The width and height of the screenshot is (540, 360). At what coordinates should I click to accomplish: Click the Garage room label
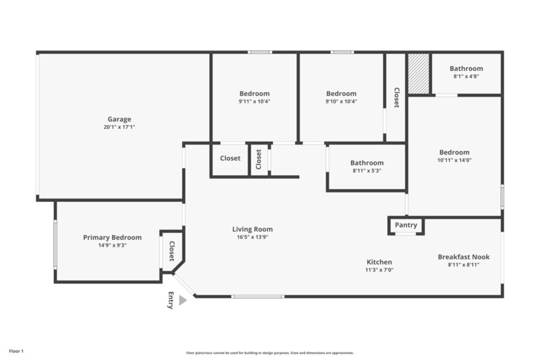pyautogui.click(x=119, y=120)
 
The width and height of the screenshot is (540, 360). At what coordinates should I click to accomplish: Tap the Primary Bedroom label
pyautogui.click(x=112, y=238)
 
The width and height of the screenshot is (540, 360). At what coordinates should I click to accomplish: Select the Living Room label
pyautogui.click(x=252, y=230)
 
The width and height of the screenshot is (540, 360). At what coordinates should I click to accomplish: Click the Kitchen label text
pyautogui.click(x=379, y=262)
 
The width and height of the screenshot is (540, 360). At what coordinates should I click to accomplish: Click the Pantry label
pyautogui.click(x=406, y=225)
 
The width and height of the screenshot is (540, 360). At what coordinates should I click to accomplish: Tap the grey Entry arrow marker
pyautogui.click(x=182, y=300)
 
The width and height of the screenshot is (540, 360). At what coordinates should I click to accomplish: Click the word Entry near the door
pyautogui.click(x=170, y=300)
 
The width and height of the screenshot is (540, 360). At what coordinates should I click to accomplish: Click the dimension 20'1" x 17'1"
pyautogui.click(x=119, y=127)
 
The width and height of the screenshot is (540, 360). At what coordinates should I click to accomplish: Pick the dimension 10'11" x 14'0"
pyautogui.click(x=454, y=160)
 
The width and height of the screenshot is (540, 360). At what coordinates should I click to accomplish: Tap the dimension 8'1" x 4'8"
pyautogui.click(x=466, y=76)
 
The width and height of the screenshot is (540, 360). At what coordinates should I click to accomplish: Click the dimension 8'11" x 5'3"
pyautogui.click(x=367, y=170)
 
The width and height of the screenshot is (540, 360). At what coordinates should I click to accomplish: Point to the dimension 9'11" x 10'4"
pyautogui.click(x=254, y=101)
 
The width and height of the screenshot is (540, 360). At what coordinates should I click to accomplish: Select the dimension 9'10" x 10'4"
pyautogui.click(x=341, y=101)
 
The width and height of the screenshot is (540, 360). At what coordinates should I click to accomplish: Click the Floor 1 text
pyautogui.click(x=16, y=351)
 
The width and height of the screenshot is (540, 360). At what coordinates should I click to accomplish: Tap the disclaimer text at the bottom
pyautogui.click(x=269, y=353)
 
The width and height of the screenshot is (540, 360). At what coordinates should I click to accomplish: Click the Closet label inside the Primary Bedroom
pyautogui.click(x=171, y=251)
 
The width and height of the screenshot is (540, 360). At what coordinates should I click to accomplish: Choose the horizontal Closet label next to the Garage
pyautogui.click(x=230, y=158)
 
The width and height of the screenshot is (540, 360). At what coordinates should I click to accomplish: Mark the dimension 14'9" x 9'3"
pyautogui.click(x=112, y=245)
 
